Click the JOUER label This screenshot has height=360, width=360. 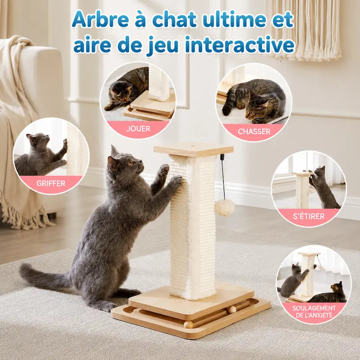click(x=138, y=129)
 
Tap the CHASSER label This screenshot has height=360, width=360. click(x=254, y=131)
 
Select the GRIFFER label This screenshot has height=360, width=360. click(x=51, y=184)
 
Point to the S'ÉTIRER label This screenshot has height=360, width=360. click(x=309, y=216)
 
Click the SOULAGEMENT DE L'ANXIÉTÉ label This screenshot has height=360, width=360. click(x=314, y=311)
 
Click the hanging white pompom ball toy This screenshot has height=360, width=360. click(x=225, y=207)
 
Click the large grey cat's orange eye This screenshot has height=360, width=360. click(x=131, y=163)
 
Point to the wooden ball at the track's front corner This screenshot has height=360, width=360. click(x=189, y=324)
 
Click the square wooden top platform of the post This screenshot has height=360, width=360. click(x=193, y=149)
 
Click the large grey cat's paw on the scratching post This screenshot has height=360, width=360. click(x=176, y=181)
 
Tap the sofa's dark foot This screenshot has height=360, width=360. click(x=51, y=216)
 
